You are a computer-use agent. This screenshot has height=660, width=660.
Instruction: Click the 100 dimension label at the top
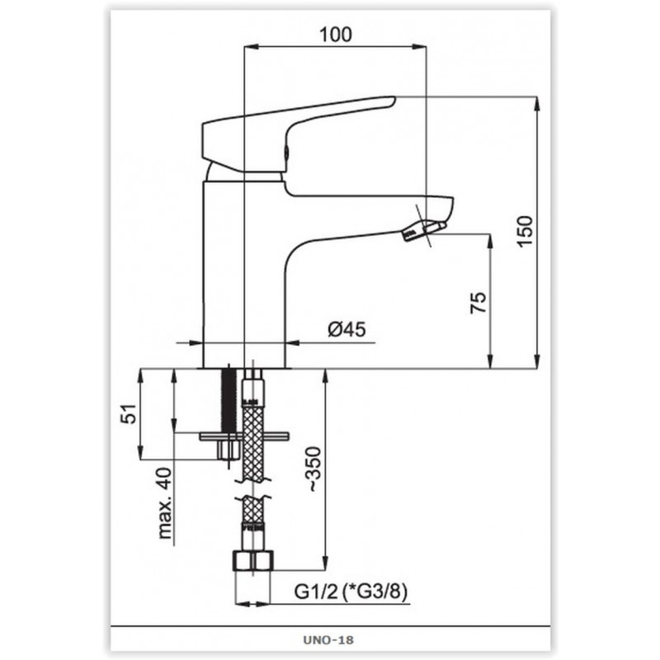336,35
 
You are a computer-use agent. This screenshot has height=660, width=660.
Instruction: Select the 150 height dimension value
525,231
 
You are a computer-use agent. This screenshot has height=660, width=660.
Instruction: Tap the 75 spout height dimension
478,302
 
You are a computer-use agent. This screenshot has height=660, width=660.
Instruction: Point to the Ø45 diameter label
346,329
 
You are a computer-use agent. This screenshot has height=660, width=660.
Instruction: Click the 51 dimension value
129,414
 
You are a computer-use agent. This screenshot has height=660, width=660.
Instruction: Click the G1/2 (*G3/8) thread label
351,592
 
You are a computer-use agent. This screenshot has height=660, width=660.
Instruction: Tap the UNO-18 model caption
328,640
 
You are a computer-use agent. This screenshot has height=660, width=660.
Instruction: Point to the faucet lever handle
299,134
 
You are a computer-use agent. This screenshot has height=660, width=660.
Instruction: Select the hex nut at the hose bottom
253,560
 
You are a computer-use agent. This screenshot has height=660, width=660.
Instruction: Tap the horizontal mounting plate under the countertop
244,436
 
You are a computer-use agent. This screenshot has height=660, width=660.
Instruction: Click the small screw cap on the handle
286,152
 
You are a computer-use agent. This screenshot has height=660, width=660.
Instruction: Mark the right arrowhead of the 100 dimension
420,46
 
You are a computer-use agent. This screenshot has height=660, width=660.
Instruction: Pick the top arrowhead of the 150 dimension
537,104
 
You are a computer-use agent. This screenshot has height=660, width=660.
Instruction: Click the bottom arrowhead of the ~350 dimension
325,563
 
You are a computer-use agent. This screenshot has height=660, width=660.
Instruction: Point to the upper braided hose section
253,442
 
